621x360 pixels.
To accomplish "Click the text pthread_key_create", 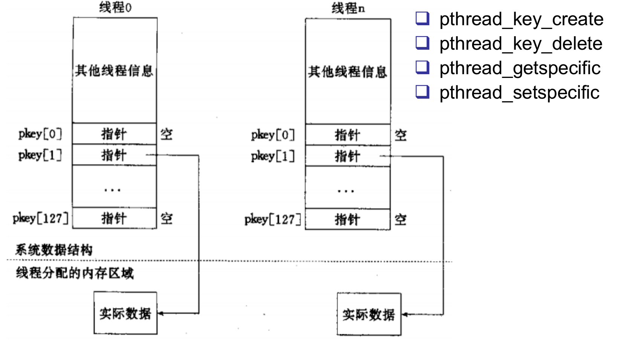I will click(x=521, y=20).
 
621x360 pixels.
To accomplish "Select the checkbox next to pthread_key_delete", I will click(x=422, y=43).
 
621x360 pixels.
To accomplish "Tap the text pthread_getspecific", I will click(x=520, y=69).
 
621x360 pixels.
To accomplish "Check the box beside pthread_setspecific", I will click(x=422, y=92).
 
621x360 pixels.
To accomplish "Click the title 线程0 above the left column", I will click(x=115, y=8).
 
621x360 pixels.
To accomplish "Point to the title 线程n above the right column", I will click(x=348, y=8).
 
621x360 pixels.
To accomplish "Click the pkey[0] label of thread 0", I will click(x=40, y=134).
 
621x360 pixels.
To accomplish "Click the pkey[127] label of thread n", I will click(x=273, y=219).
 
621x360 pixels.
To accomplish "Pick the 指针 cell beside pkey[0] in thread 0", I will click(x=114, y=134).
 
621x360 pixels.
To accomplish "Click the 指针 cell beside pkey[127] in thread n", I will click(x=347, y=220).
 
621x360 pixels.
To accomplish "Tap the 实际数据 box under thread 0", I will click(x=125, y=313).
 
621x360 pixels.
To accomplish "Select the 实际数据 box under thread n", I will click(x=369, y=314).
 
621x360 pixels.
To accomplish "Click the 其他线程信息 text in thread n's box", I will click(x=347, y=72).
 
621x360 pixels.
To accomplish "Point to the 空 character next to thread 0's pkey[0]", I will click(x=167, y=134).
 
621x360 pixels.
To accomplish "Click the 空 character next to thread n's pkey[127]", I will click(x=401, y=220).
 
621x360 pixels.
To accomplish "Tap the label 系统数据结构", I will click(x=54, y=250).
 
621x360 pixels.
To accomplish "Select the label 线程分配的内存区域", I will click(x=75, y=273).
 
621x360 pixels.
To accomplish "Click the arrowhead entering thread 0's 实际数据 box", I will click(x=161, y=313).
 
